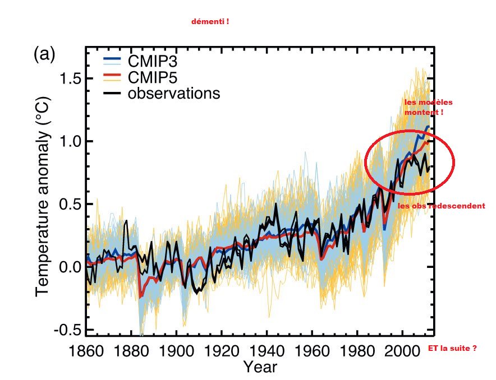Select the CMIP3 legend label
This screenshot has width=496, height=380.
point(154,59)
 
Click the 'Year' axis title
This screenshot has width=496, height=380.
point(260,367)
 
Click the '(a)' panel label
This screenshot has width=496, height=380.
point(44,54)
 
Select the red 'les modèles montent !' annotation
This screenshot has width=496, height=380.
point(428,107)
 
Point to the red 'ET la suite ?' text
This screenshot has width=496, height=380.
point(452,348)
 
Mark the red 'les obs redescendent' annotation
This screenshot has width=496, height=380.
point(441,206)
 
